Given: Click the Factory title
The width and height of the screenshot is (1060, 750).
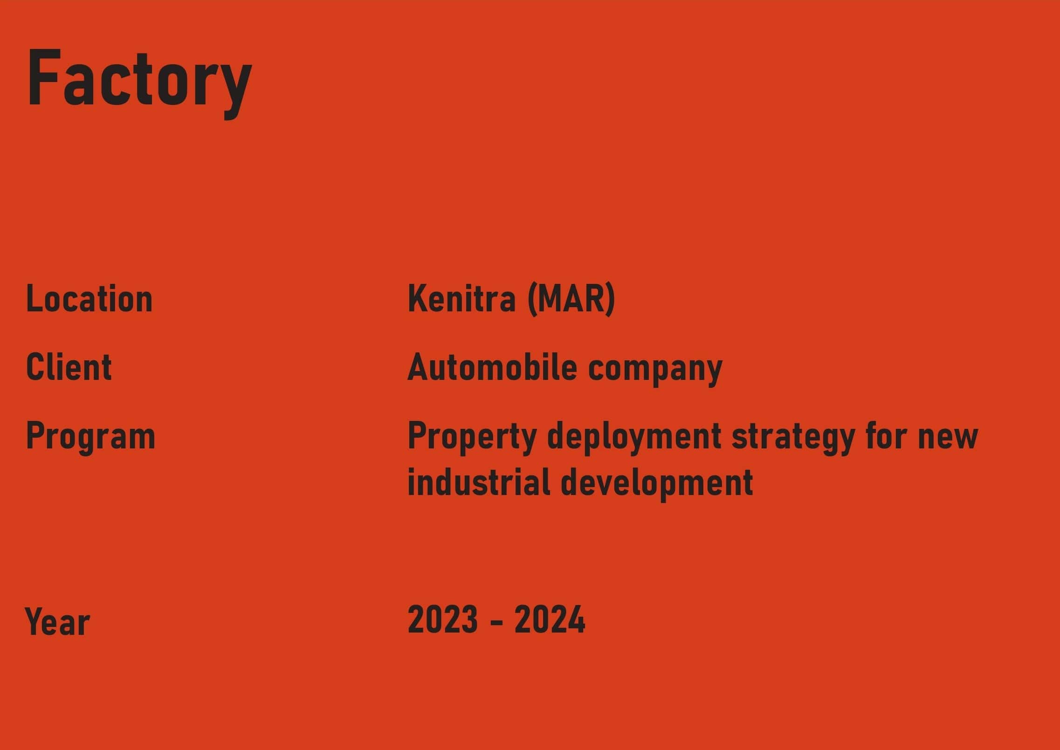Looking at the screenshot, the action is click(139, 83).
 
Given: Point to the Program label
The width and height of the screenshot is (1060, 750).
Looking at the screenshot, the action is click(91, 436).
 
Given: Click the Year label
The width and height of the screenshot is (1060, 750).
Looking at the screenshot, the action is click(57, 621).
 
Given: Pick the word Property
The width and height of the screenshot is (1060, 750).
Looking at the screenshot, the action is click(472, 436).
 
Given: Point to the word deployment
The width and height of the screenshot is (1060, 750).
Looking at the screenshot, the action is click(634, 436).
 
